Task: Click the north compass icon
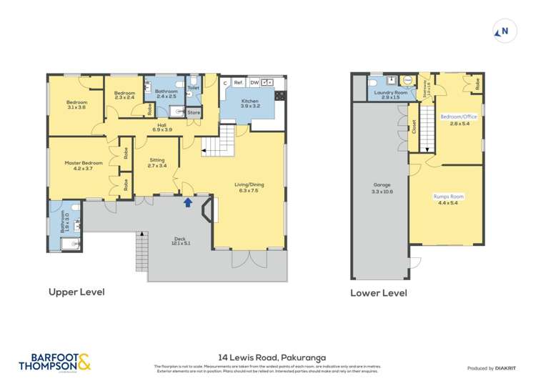click(503, 31)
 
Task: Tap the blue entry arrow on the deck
click(188, 202)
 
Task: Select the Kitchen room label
click(249, 104)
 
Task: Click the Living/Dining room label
click(249, 187)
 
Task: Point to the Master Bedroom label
click(84, 165)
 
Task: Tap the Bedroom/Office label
click(458, 119)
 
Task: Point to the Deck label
click(180, 241)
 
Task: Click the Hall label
click(162, 127)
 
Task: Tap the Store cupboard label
click(194, 112)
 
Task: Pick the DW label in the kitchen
click(254, 83)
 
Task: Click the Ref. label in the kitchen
click(238, 83)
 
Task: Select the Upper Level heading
click(76, 292)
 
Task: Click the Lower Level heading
click(378, 293)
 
